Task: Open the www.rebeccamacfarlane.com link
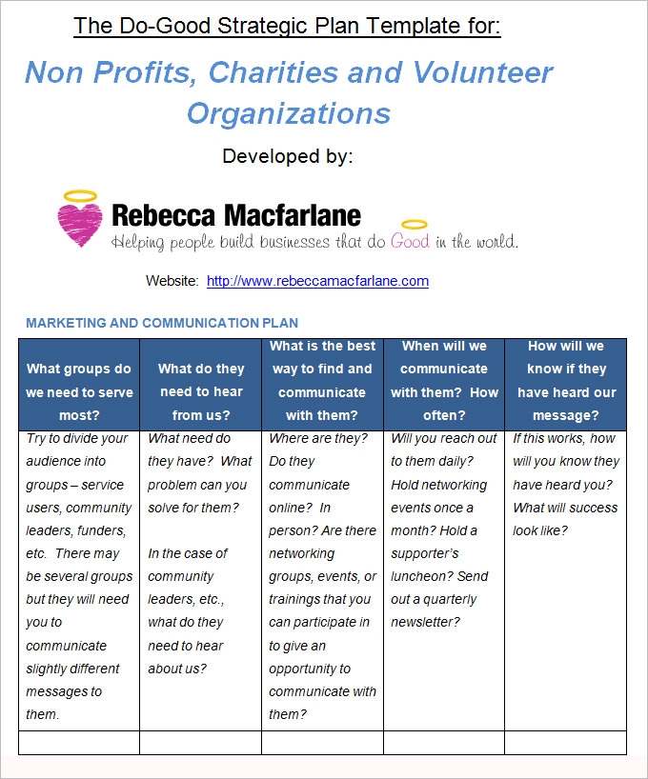point(317,281)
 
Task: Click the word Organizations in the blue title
point(289,113)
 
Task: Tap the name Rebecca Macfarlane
point(236,215)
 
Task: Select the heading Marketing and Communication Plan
point(162,323)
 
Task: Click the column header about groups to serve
point(79,392)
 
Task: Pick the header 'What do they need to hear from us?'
point(201,392)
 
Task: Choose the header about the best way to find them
point(322,381)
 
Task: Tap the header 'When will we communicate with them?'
point(444,381)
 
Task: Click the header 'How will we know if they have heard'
point(566,381)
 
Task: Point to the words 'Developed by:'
point(288,156)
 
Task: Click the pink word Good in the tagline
point(410,242)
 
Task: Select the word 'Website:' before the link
point(172,281)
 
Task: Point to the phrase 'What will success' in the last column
point(566,508)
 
